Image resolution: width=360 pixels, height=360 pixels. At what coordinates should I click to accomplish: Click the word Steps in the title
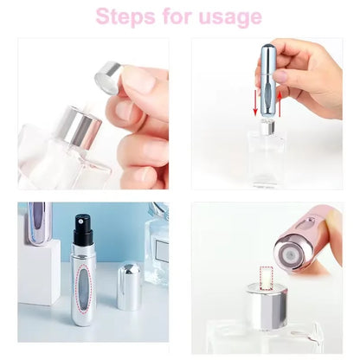(125, 16)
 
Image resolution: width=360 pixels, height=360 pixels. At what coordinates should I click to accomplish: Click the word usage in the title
(230, 18)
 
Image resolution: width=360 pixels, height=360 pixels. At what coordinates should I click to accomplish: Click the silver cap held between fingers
(108, 77)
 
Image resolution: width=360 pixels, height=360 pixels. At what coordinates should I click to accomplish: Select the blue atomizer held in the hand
(267, 80)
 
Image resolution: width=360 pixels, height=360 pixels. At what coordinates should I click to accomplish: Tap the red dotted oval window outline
(83, 288)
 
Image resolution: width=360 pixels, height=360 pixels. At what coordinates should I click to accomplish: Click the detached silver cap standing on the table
(129, 286)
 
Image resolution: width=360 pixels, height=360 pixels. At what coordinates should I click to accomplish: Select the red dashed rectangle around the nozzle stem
(266, 278)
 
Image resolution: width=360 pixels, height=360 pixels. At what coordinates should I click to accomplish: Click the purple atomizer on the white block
(40, 222)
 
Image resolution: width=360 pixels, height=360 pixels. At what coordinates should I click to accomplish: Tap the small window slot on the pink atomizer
(310, 223)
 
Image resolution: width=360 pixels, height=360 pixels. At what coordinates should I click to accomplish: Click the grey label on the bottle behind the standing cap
(162, 250)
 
